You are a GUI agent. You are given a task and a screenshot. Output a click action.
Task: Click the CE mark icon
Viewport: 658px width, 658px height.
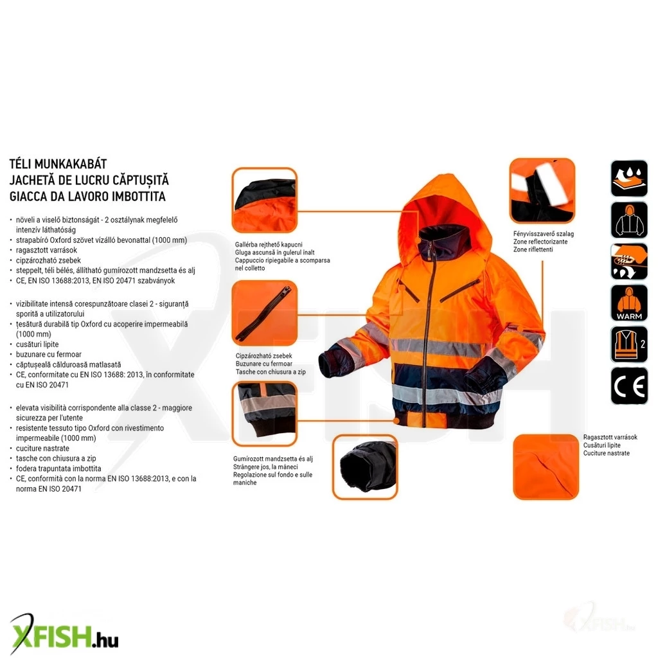pyautogui.click(x=629, y=386)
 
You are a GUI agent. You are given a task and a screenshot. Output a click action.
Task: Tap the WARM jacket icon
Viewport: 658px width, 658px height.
pyautogui.click(x=629, y=303)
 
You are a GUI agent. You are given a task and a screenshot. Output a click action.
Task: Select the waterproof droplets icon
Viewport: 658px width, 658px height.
pyautogui.click(x=629, y=179)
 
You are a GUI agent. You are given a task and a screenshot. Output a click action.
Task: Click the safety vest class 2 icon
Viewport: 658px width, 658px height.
pyautogui.click(x=629, y=344)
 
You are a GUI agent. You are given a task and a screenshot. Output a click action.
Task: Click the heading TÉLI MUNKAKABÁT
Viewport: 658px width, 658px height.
pyautogui.click(x=58, y=164)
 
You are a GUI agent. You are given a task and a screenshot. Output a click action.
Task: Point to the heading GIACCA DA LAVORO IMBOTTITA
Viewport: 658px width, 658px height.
pyautogui.click(x=87, y=197)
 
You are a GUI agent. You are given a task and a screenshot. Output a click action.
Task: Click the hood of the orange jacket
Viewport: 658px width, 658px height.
pyautogui.click(x=447, y=210)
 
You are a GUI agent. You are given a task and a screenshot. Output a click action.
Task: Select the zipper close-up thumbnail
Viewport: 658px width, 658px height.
pyautogui.click(x=264, y=313)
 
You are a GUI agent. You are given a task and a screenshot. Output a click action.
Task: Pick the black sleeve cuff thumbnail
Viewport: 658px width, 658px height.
pyautogui.click(x=365, y=467)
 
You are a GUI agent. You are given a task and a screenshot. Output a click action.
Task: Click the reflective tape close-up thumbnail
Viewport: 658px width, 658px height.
pyautogui.click(x=542, y=191)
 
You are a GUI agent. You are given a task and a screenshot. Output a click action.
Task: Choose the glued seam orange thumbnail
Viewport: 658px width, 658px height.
pyautogui.click(x=546, y=467)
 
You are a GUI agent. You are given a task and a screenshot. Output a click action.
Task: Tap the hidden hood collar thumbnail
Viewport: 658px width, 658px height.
pyautogui.click(x=264, y=200)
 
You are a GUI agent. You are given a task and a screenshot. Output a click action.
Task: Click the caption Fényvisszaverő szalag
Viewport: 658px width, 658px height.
pyautogui.click(x=544, y=234)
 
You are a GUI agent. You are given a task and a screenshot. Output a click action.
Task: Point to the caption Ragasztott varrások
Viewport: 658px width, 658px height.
pyautogui.click(x=610, y=437)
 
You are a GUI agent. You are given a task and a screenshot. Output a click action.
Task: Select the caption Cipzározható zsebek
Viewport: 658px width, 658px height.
pyautogui.click(x=263, y=356)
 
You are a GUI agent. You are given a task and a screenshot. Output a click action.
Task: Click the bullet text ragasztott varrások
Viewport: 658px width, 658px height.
pyautogui.click(x=46, y=250)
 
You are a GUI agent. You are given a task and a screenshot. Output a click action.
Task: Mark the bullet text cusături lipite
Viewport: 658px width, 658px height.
pyautogui.click(x=37, y=344)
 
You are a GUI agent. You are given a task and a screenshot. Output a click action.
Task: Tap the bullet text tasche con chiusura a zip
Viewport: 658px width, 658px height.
pyautogui.click(x=57, y=458)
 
